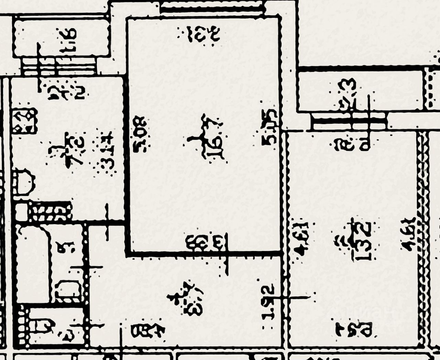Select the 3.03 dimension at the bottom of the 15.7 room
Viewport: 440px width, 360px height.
click(206, 241)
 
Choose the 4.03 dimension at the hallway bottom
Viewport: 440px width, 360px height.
click(148, 331)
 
